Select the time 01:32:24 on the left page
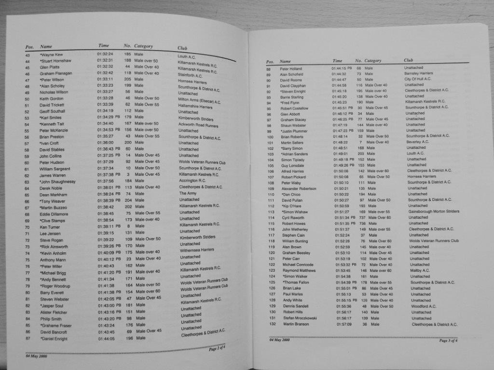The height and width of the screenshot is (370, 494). tap(105, 54)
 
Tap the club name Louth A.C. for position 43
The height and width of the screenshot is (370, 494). tap(187, 57)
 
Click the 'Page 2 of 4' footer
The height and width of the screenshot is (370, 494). tap(217, 348)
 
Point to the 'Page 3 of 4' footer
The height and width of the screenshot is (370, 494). tap(448, 341)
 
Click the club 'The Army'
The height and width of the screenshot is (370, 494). tap(188, 193)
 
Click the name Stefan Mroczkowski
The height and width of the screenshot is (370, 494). tap(300, 318)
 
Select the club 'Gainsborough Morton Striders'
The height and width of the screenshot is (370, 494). tap(434, 211)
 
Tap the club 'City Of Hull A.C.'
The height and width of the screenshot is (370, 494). tap(418, 79)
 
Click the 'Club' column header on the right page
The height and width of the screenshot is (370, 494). tap(408, 60)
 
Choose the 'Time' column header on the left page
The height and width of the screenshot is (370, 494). tap(104, 46)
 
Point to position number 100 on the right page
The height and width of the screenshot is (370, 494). tap(270, 136)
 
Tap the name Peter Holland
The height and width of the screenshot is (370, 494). tap(291, 69)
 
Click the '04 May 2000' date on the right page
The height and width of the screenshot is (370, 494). tap(279, 340)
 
